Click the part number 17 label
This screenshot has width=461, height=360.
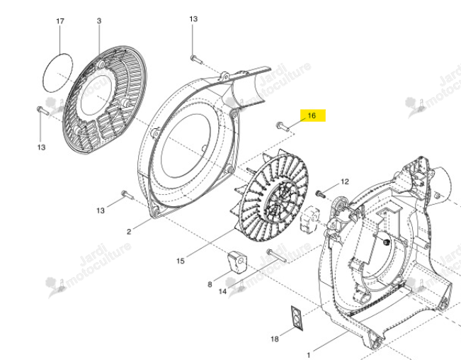coord(60,21)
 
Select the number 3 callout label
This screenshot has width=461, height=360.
coord(99,21)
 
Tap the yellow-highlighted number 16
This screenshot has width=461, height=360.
coord(312,116)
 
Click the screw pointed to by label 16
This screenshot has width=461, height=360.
coord(283,126)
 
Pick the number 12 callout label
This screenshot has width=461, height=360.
coord(345,181)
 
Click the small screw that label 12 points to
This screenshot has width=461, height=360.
coord(320,194)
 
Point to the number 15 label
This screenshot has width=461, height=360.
coord(181,261)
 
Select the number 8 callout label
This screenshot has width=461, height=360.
coord(210,284)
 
